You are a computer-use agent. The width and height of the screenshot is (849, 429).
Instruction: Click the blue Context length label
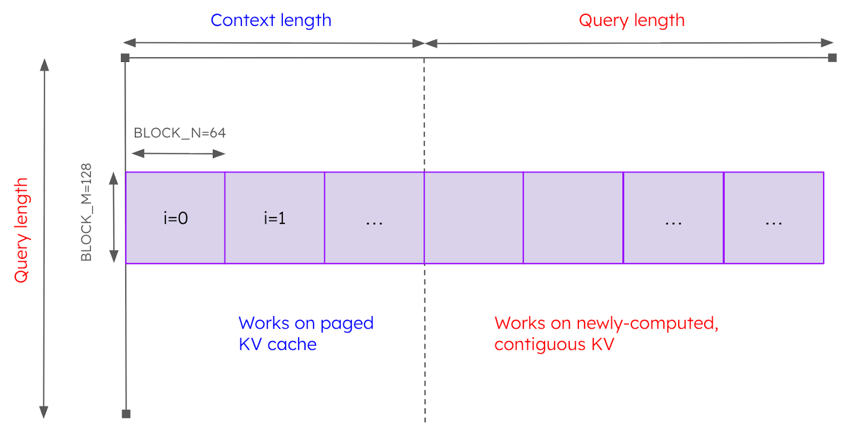point(271,21)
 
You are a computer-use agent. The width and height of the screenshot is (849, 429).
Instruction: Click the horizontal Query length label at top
point(631,21)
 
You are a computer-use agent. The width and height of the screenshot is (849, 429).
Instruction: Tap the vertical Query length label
point(21,230)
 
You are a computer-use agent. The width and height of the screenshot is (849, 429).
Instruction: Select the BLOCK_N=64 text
point(179,133)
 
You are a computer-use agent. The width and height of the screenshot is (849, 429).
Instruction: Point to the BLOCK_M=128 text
point(86,212)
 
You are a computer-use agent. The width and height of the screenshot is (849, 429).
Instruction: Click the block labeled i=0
point(175,218)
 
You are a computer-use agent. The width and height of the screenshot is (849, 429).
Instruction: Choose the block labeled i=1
point(275,218)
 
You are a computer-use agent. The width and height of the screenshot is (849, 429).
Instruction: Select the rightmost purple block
point(774,218)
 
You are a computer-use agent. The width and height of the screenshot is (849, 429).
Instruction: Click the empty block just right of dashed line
point(473,218)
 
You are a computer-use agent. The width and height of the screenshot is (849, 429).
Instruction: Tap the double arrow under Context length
point(274,43)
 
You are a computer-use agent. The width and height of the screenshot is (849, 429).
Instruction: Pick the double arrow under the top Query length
point(629,43)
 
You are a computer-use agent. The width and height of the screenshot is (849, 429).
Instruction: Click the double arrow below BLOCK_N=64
point(179,154)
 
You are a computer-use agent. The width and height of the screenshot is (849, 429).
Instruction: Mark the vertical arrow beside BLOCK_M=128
point(114,217)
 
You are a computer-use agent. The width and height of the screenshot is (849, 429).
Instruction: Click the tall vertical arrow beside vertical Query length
point(45,239)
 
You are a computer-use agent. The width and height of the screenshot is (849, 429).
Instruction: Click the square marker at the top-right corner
point(832,58)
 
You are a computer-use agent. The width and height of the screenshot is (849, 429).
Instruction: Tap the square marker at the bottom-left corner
point(126,414)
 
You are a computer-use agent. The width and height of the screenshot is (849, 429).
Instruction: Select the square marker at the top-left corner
point(125,58)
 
